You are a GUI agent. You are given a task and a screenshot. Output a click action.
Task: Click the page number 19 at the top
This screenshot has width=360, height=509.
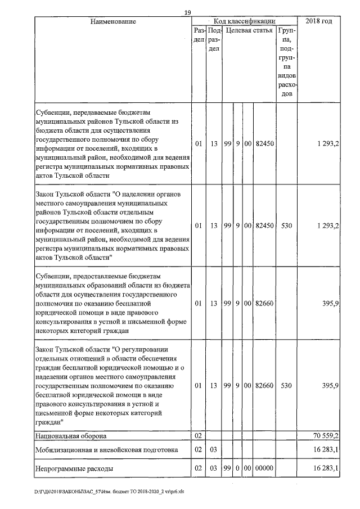coord(188,12)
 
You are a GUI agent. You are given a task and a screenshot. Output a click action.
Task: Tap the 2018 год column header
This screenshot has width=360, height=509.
coord(318,21)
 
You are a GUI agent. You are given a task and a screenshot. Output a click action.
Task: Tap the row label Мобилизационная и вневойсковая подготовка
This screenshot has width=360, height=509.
coord(106,450)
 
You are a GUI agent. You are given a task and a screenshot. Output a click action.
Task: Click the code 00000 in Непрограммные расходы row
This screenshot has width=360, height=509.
coord(264,467)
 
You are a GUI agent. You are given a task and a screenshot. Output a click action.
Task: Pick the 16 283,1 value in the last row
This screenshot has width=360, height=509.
coord(326,467)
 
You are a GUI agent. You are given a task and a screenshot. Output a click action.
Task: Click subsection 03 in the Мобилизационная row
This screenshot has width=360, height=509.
coord(214,450)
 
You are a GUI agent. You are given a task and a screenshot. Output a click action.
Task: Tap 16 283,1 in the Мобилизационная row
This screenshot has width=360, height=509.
coord(326,450)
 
